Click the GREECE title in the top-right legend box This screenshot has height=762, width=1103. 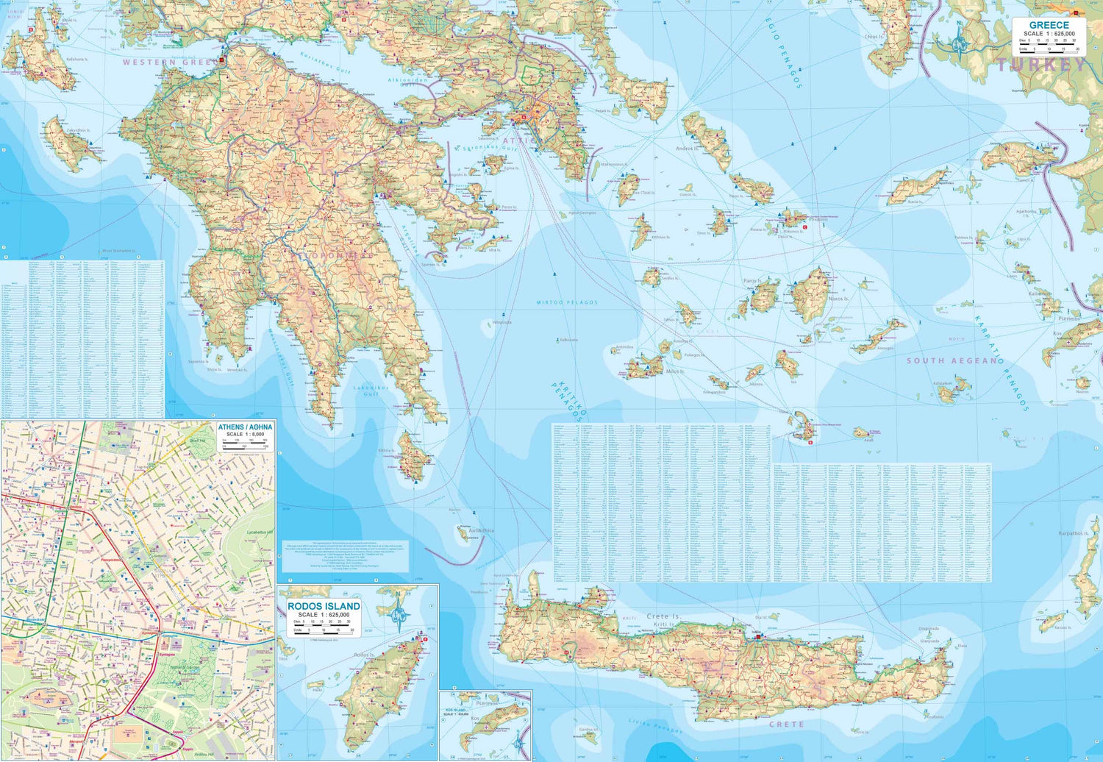[1049, 25]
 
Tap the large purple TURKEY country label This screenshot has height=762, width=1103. [1041, 65]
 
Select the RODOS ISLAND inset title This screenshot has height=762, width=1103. [324, 606]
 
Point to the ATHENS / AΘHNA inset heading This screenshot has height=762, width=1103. [245, 427]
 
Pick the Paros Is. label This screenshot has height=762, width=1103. [752, 281]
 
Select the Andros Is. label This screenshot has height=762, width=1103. [685, 149]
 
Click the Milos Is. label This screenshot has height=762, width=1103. [674, 371]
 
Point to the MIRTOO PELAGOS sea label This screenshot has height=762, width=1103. [567, 302]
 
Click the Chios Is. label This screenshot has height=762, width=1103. [874, 36]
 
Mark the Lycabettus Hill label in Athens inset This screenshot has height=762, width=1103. [260, 532]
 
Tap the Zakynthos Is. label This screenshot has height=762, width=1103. [78, 130]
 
